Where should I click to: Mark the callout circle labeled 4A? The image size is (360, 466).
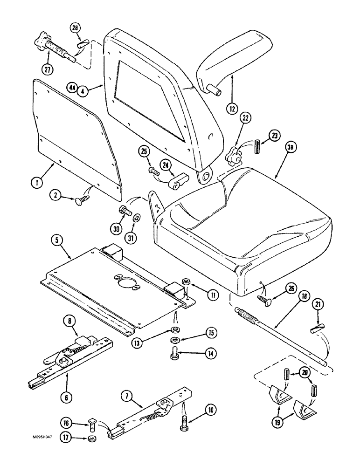[x=71, y=88]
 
